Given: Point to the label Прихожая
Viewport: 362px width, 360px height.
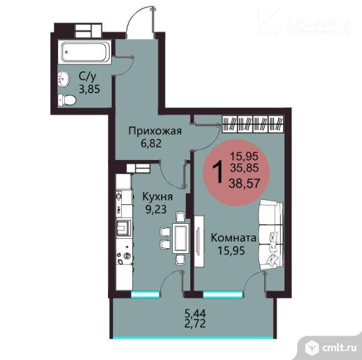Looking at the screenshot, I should [x=155, y=131].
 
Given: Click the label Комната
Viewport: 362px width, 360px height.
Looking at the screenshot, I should [x=233, y=237].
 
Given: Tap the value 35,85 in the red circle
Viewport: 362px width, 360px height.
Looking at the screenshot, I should [x=244, y=168].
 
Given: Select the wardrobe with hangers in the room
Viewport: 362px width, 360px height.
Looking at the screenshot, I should [x=256, y=124].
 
